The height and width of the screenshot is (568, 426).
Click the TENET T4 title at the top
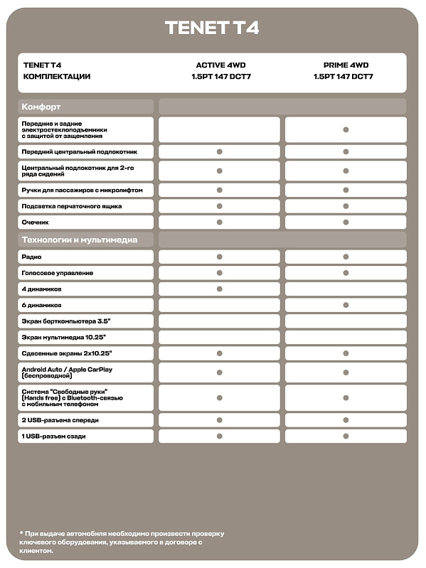212,28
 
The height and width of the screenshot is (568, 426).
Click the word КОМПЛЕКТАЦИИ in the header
57,77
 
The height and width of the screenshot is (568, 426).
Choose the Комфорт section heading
41,107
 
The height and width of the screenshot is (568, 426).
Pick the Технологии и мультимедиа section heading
80,240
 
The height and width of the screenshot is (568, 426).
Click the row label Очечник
36,223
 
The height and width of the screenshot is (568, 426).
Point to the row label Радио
31,257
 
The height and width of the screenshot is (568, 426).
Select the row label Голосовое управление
58,273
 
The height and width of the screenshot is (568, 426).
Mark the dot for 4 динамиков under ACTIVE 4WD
220,289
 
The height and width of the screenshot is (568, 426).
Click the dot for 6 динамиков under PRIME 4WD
346,305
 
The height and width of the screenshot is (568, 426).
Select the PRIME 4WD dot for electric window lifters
346,130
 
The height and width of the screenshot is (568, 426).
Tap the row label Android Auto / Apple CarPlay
68,370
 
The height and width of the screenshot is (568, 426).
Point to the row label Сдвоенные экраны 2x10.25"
67,353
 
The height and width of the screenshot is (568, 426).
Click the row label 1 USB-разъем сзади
53,436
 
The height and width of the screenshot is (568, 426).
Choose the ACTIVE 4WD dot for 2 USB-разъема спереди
220,420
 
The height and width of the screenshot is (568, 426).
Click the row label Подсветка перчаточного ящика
72,206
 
